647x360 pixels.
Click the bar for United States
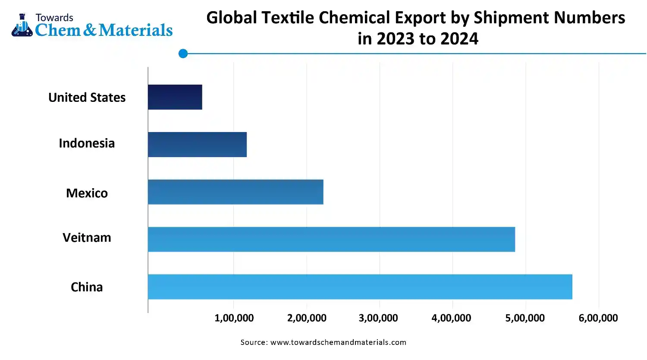[175, 97]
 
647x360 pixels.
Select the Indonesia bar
[197, 145]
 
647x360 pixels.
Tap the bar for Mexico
[236, 192]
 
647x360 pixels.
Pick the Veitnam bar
[331, 240]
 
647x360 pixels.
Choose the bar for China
[360, 287]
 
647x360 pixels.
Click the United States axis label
[87, 98]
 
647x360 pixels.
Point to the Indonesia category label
[87, 143]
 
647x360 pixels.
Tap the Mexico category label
[87, 193]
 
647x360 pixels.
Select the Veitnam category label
[87, 237]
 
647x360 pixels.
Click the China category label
[87, 287]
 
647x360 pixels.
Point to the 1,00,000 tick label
[234, 318]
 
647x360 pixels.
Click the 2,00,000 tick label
[307, 318]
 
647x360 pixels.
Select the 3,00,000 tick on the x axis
[378, 318]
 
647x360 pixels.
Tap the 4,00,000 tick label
[451, 318]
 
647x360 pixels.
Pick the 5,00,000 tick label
[525, 318]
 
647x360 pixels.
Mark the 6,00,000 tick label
[598, 318]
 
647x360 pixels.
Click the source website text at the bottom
[323, 342]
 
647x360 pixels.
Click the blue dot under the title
[183, 54]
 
